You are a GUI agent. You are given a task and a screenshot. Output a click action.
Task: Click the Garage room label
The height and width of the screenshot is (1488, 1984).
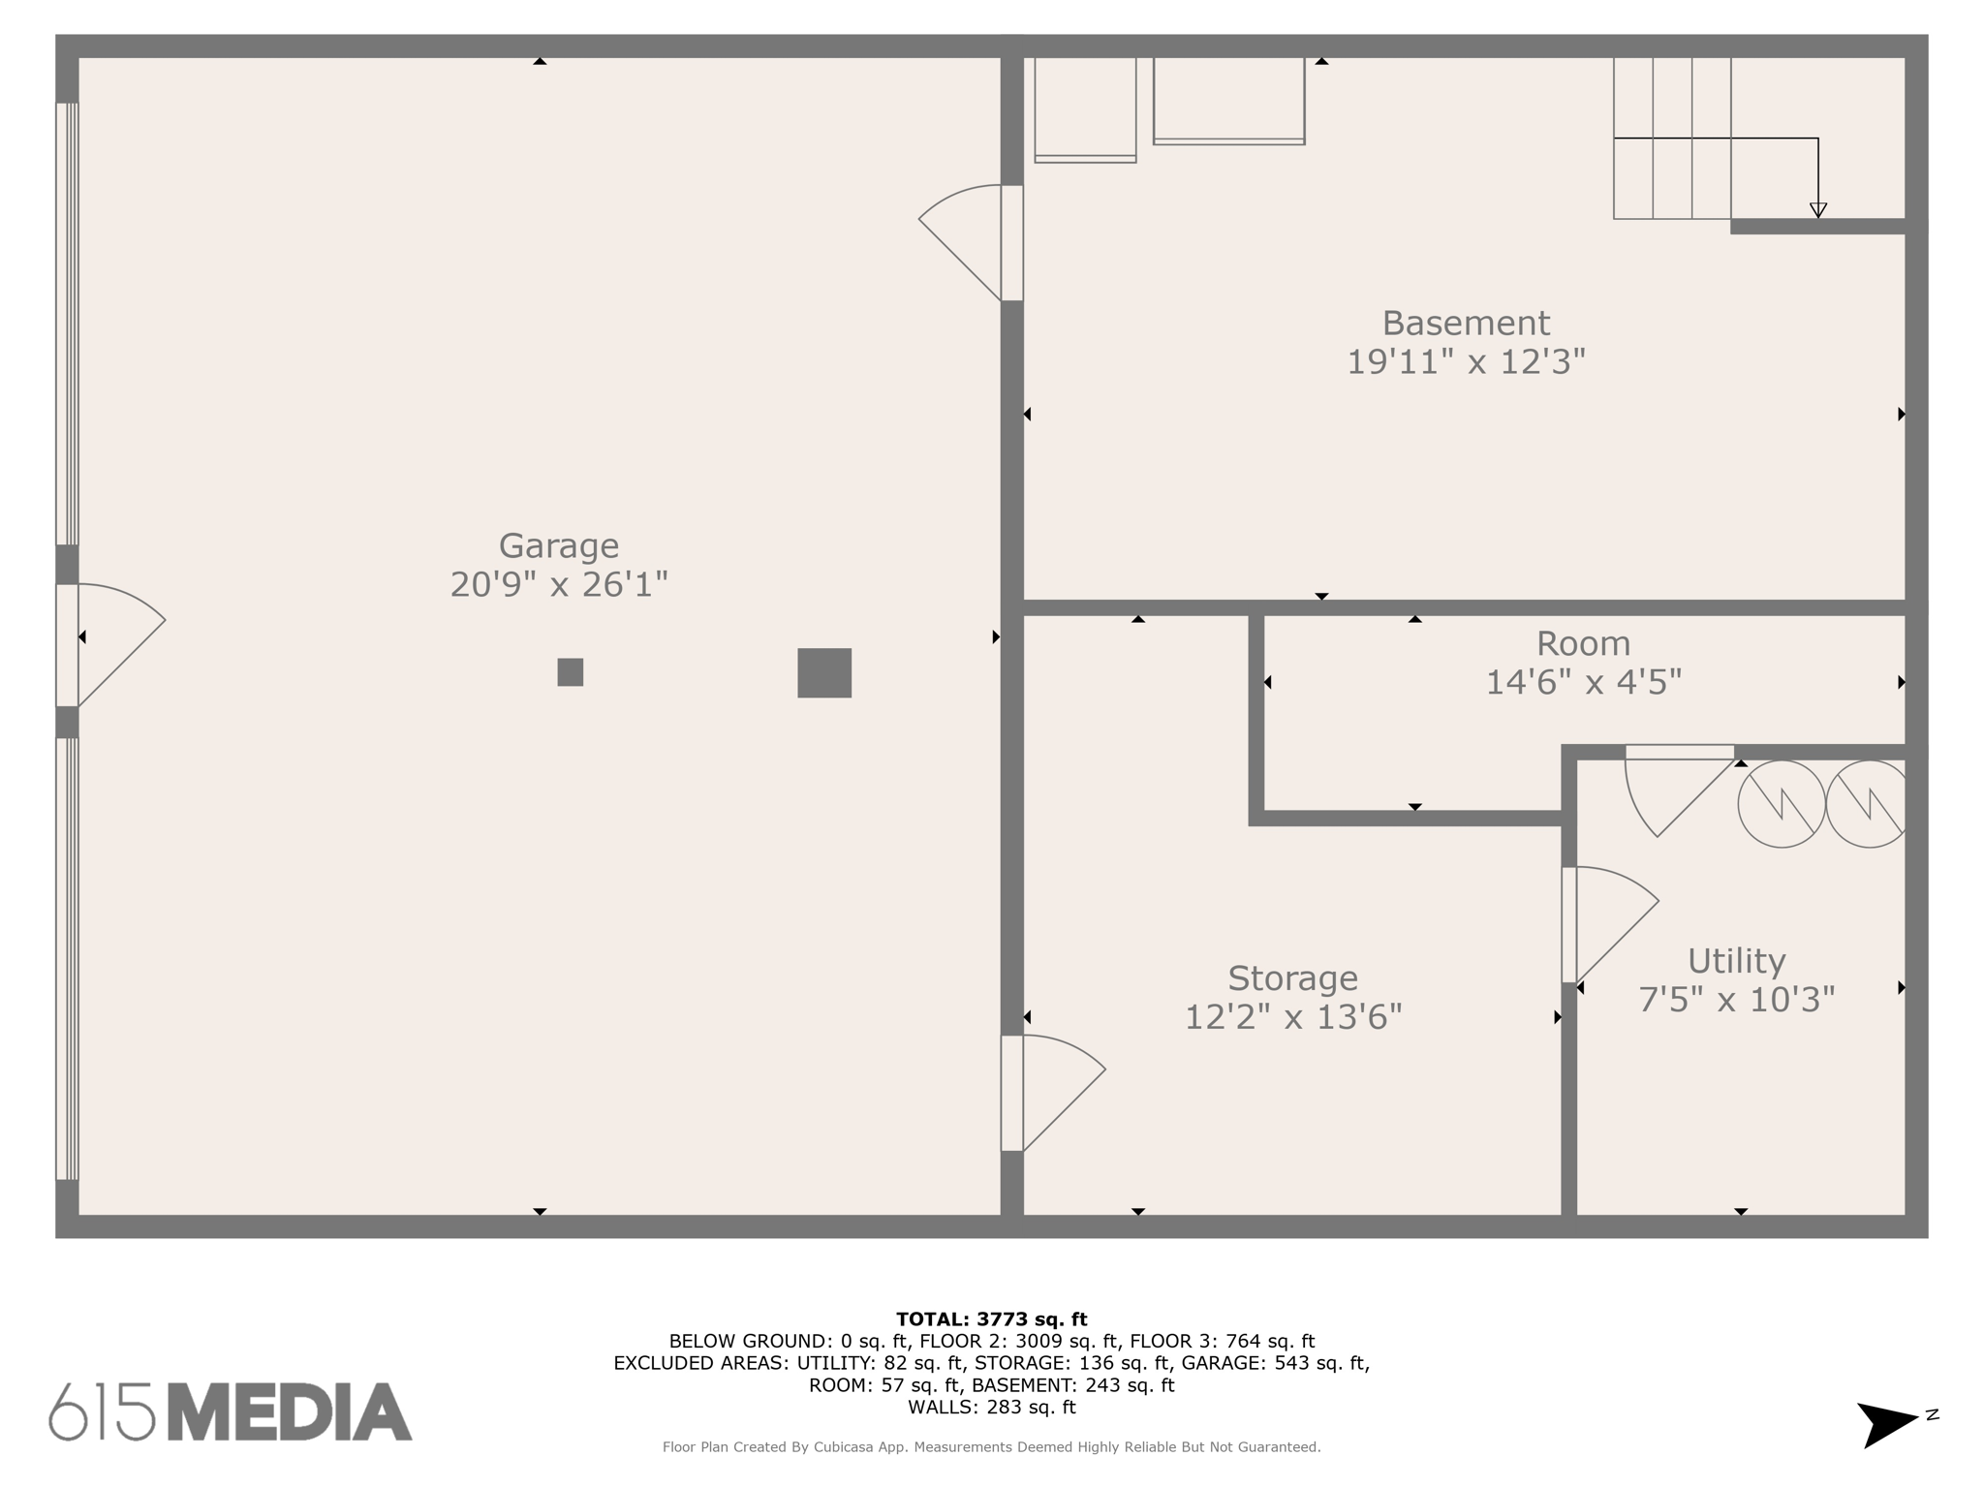tap(558, 546)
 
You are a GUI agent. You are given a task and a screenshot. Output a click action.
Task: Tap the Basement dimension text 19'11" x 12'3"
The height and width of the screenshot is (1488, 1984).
tap(1466, 362)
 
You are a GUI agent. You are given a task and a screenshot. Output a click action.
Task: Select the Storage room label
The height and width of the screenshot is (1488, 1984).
tap(1292, 978)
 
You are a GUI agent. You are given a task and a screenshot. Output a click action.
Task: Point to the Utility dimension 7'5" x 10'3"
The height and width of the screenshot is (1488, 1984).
tap(1736, 999)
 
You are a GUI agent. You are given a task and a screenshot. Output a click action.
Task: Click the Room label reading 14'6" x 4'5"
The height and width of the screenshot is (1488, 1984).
tap(1583, 682)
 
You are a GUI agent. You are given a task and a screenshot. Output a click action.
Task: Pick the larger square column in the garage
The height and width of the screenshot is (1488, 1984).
tap(824, 673)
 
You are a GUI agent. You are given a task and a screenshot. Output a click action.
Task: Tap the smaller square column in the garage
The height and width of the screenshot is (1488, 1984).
tap(571, 672)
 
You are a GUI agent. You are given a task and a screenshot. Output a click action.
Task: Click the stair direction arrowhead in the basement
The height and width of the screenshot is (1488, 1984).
tap(1818, 210)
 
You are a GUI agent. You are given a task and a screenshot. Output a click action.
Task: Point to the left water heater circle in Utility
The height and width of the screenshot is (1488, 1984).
tap(1782, 804)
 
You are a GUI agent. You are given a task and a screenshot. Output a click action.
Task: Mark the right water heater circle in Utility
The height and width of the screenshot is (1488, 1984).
tap(1868, 804)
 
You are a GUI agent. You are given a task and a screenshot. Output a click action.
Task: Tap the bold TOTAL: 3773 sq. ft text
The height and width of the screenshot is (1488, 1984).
tap(991, 1318)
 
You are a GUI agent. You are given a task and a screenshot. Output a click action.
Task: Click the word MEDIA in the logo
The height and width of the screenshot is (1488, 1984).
tap(290, 1411)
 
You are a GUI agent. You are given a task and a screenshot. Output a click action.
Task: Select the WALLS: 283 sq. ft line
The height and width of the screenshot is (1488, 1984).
tap(991, 1407)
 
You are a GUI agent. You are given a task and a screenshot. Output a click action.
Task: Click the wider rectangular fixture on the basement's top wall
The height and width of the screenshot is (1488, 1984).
tap(1228, 101)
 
